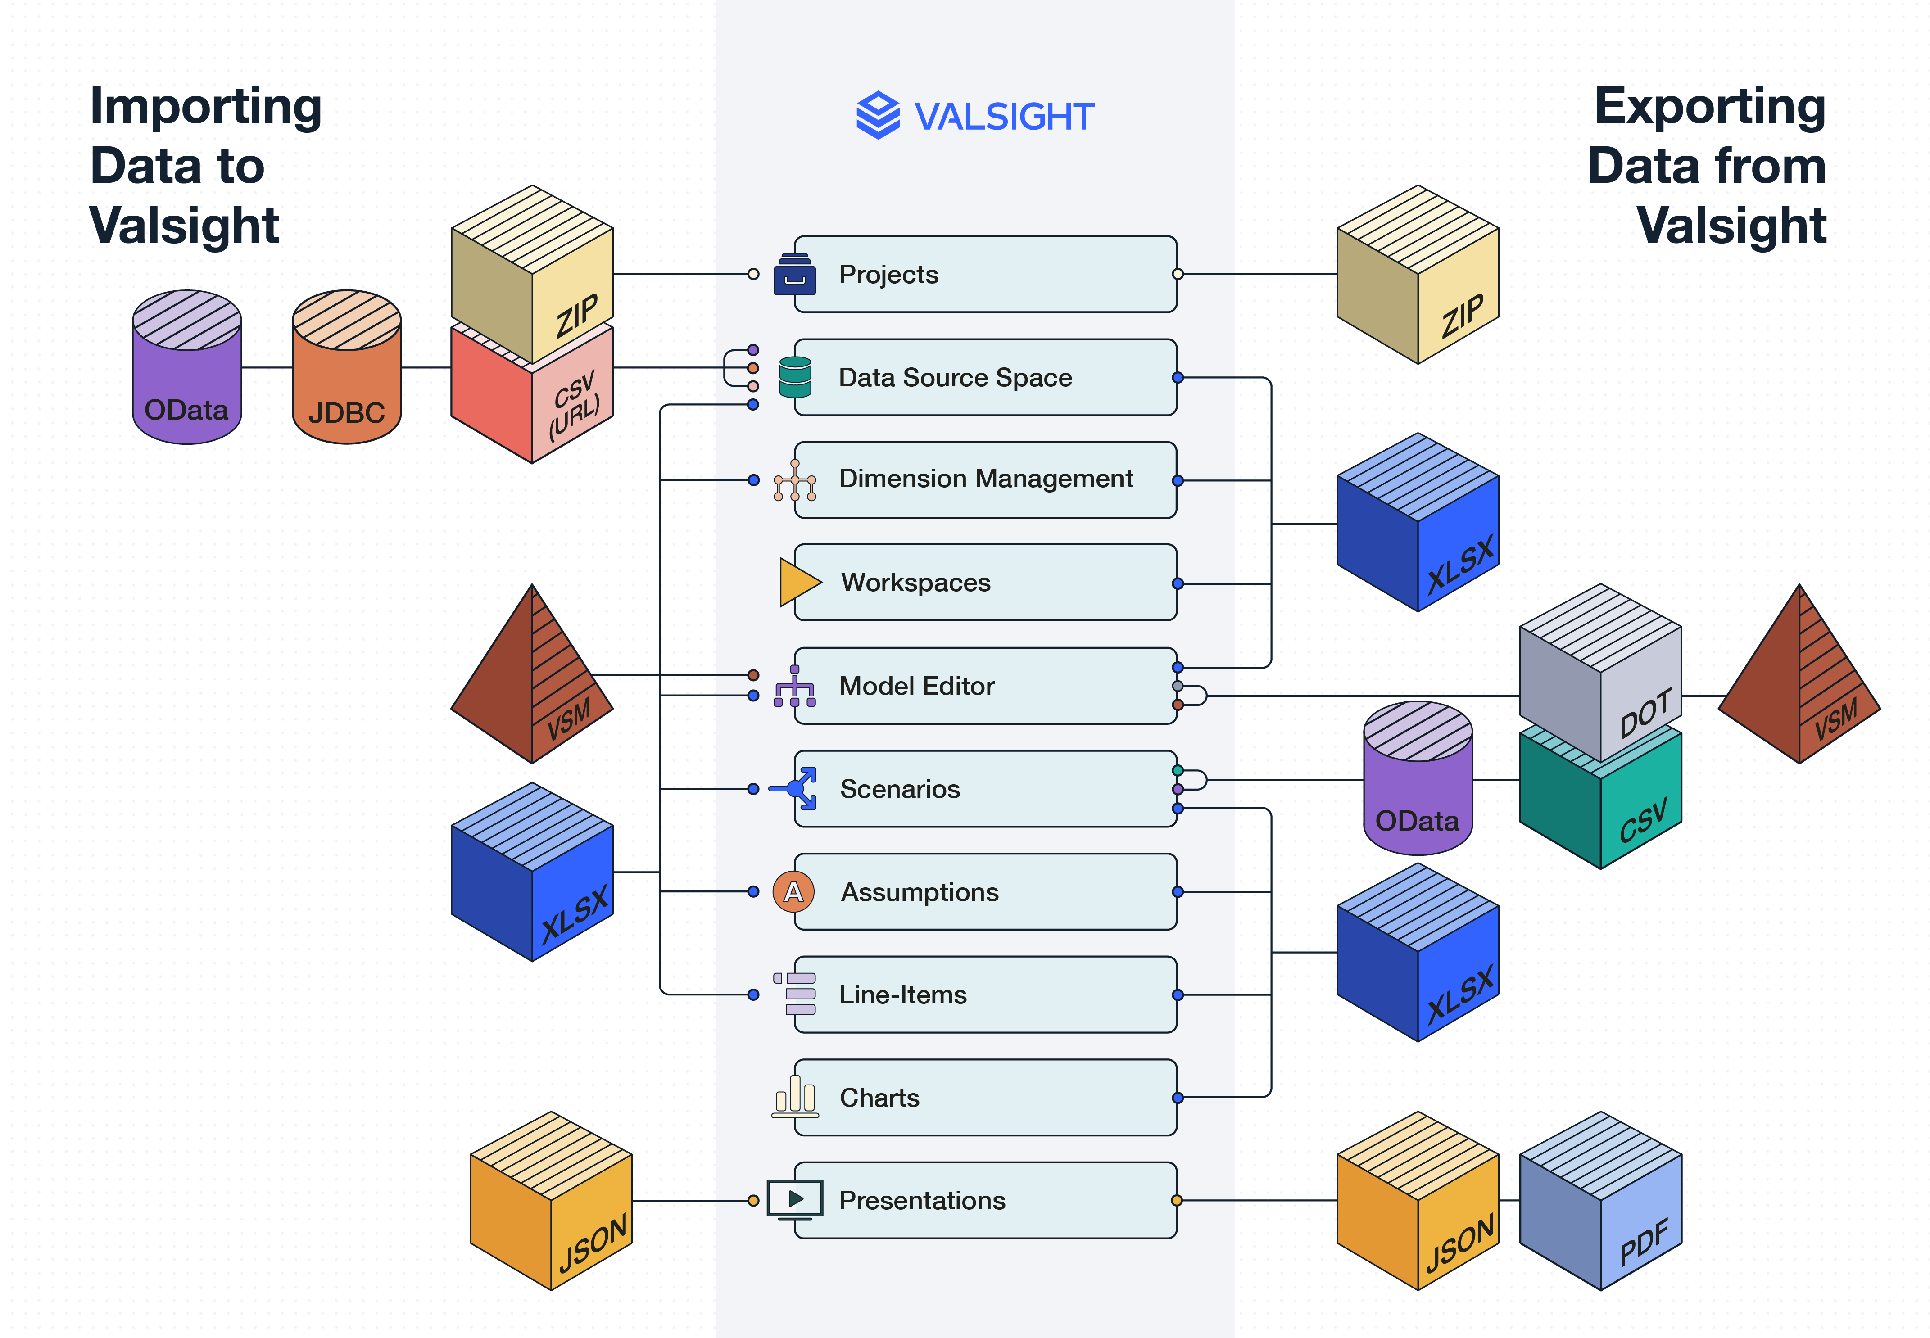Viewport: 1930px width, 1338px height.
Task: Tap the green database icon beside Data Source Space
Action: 795,377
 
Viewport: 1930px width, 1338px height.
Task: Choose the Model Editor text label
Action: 916,686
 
